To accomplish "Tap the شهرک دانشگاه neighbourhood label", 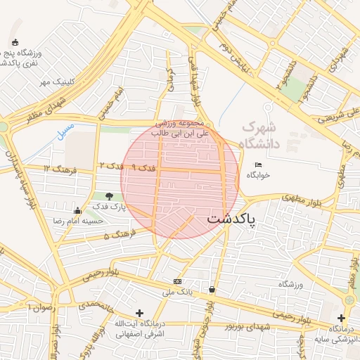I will pos(260,135).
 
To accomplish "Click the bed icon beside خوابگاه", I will pos(257,165).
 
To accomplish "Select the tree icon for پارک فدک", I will pos(109,196).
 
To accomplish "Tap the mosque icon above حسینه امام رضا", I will pos(77,210).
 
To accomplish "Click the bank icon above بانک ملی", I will pos(176,281).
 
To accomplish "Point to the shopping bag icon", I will pos(212,289).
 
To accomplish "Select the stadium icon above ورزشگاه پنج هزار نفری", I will pos(15,44).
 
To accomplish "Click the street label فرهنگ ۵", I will pos(116,235).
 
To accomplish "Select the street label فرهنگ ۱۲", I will pos(56,169).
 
